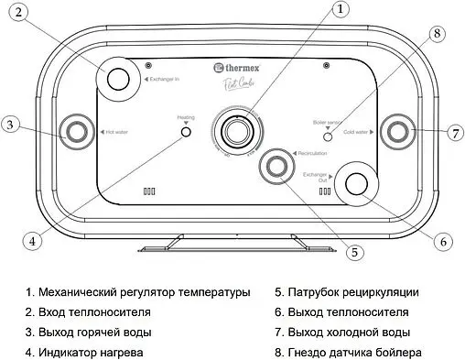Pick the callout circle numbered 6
tap(442, 243)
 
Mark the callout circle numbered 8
tap(437, 33)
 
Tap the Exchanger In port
tap(118, 79)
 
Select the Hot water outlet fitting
tap(72, 131)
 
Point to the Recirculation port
tap(275, 166)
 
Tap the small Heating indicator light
tap(186, 133)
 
